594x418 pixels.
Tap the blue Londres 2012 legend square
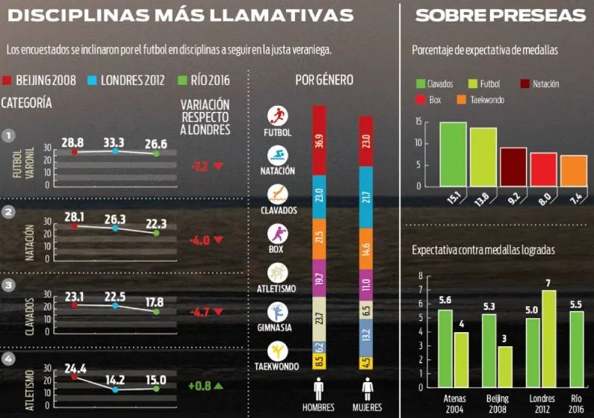[93, 80]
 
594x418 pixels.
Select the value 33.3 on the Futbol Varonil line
[114, 142]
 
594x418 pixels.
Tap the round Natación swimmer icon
[277, 155]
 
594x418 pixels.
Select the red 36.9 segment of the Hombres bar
[319, 140]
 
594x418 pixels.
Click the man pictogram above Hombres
[319, 389]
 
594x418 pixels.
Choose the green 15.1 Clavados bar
[453, 154]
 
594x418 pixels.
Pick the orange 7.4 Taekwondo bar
[574, 171]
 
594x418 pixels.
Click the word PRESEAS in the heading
[538, 16]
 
